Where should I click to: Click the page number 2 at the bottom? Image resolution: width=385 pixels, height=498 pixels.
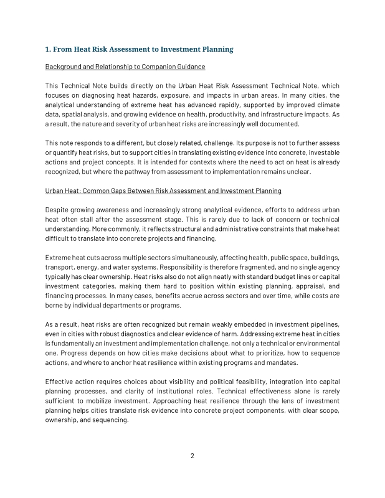click(x=192, y=456)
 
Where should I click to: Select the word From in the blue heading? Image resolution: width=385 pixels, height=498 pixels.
click(x=65, y=49)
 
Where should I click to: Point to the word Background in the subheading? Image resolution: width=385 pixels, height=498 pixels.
click(x=65, y=67)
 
